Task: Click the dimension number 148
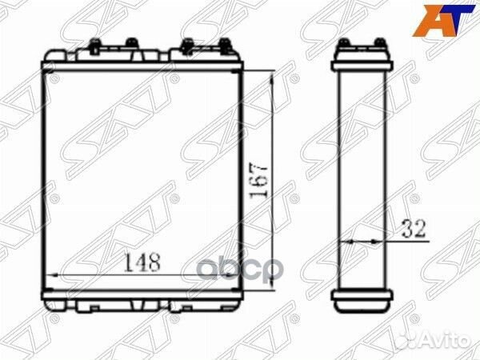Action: [142, 262]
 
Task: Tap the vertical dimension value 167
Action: [258, 182]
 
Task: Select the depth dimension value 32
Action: [414, 229]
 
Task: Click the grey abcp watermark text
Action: [238, 269]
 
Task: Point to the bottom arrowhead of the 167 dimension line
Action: [272, 284]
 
